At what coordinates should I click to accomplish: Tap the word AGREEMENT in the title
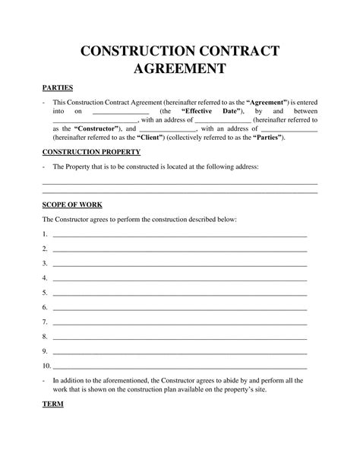point(180,71)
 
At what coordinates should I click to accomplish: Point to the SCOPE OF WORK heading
point(71,205)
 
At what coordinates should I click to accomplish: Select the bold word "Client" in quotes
point(152,138)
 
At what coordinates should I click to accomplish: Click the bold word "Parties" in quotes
point(267,138)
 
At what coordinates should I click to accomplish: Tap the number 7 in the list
point(45,322)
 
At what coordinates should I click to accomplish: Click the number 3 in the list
point(45,263)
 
